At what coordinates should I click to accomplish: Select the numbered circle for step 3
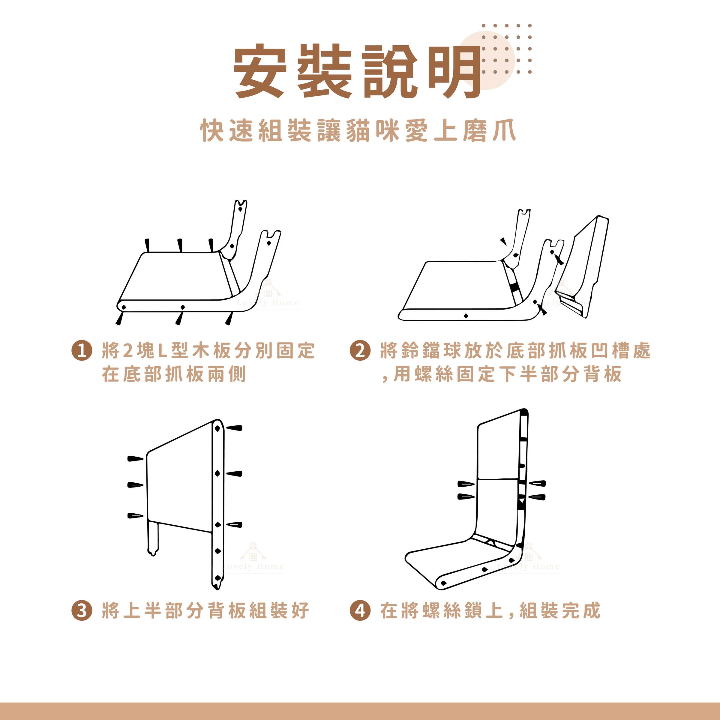coord(82,611)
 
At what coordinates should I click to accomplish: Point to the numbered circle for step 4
coord(360,611)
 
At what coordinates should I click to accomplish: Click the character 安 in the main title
coord(260,71)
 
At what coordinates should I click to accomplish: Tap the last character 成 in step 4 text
coord(589,611)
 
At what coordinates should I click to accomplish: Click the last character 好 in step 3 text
coord(298,611)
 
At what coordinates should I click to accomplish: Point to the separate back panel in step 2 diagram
coord(582,268)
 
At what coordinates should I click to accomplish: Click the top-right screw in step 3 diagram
coord(234,428)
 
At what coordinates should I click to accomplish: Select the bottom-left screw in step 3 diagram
coord(135,516)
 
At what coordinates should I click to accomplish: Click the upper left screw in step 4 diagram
coord(466,484)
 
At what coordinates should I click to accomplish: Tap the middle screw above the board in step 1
coord(180,245)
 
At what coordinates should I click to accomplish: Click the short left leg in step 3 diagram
coord(153,538)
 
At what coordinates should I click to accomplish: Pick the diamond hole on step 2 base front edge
coord(466,316)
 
